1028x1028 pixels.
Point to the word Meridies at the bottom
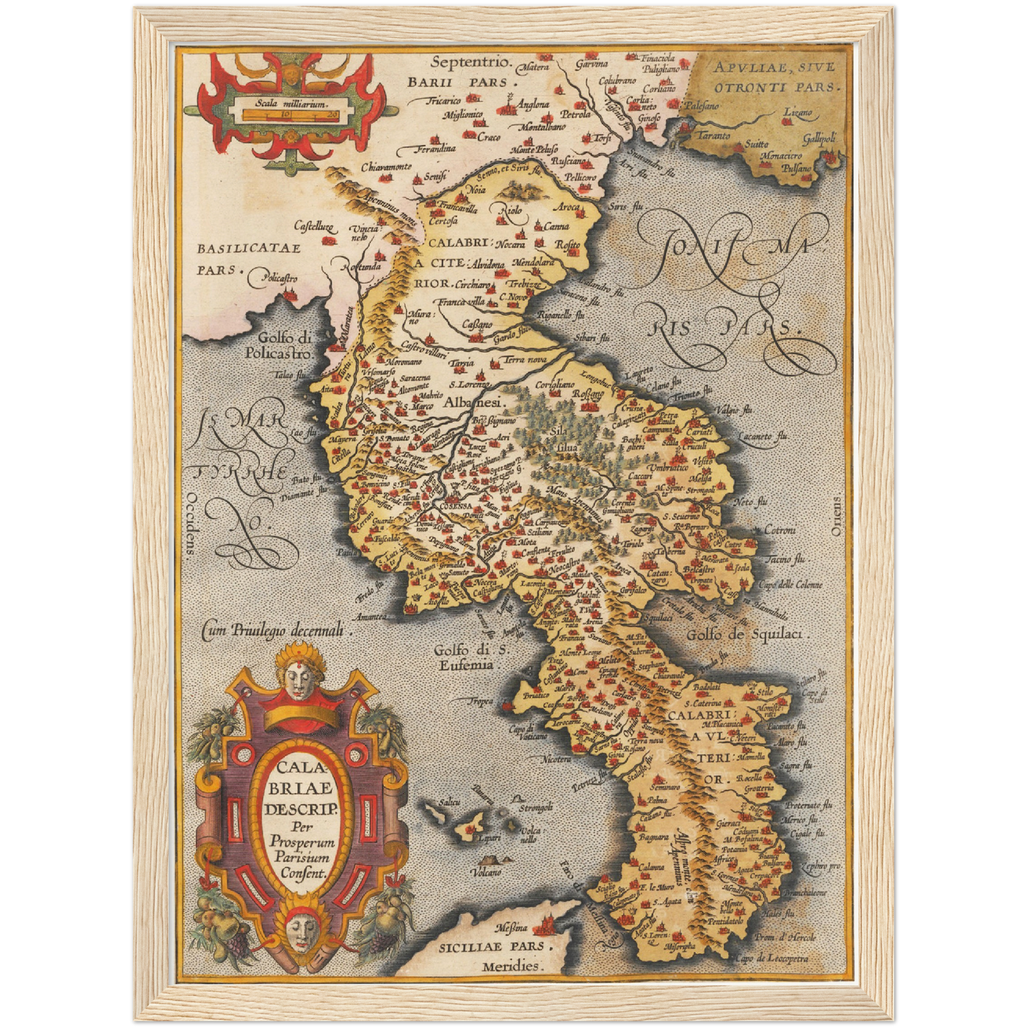[511, 966]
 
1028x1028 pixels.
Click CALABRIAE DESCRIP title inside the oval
[299, 788]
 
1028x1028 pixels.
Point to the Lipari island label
[488, 838]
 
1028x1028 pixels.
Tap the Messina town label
[512, 928]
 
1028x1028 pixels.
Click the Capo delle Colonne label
[789, 584]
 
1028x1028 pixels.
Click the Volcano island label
[488, 871]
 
